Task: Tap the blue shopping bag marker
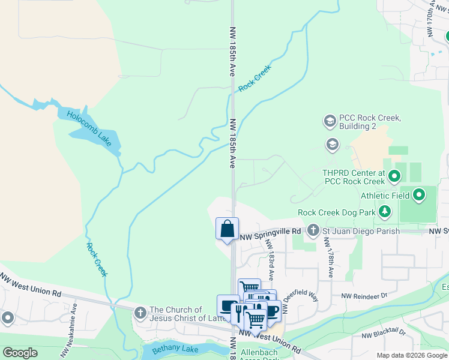pos(228,229)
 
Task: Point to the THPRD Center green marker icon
pos(394,176)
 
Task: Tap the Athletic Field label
pos(385,196)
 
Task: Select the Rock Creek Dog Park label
pos(336,212)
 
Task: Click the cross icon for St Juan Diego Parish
pos(313,230)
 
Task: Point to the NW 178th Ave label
pos(329,257)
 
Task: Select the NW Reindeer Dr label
pos(364,296)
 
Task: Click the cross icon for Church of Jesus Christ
pos(140,313)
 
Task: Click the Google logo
pos(20,353)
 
